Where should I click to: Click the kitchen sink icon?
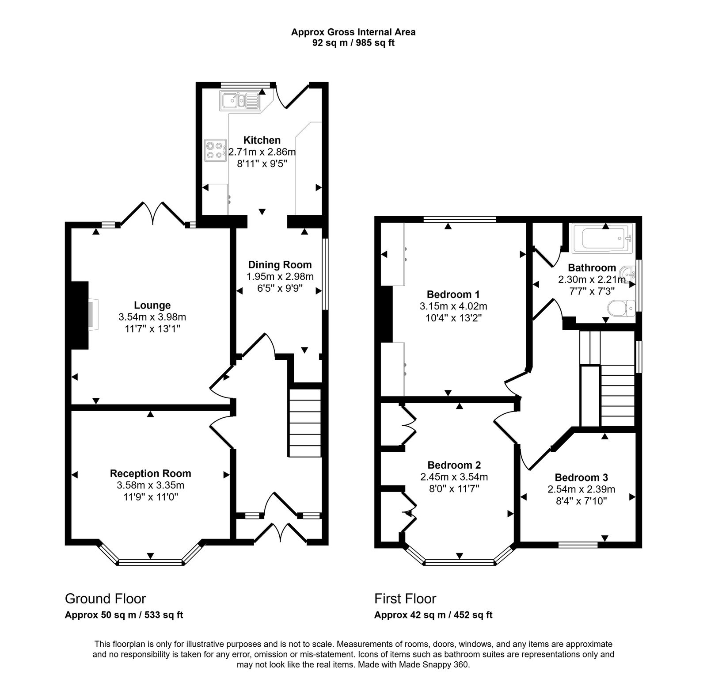(x=240, y=100)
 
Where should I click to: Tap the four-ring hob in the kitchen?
(x=215, y=149)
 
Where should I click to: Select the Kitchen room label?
(x=262, y=140)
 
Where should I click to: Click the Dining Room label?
(x=280, y=265)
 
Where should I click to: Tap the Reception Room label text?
(x=150, y=473)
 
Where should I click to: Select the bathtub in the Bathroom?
(x=602, y=238)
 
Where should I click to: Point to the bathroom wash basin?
(x=627, y=274)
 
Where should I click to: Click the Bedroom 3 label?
(x=581, y=477)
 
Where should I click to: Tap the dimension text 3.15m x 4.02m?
(x=453, y=306)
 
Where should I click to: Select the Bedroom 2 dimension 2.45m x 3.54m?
(x=454, y=477)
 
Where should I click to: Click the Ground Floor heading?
(x=105, y=599)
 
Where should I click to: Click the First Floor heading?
(x=405, y=599)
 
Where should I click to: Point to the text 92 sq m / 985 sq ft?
(x=353, y=43)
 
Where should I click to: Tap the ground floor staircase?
(x=305, y=423)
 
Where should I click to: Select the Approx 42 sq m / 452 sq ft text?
(x=433, y=614)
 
